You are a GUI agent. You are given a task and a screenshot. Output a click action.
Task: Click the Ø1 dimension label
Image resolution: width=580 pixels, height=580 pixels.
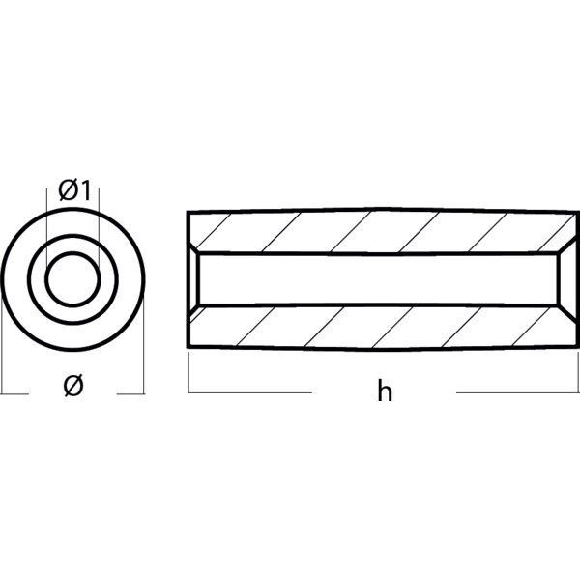click(x=73, y=191)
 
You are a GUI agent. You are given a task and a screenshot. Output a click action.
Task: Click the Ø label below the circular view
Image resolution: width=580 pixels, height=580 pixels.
click(x=72, y=387)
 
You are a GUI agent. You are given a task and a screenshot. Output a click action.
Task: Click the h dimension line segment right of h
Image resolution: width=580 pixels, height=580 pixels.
click(x=517, y=392)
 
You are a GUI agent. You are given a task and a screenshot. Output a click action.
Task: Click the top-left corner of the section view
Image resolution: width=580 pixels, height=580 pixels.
click(x=188, y=211)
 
